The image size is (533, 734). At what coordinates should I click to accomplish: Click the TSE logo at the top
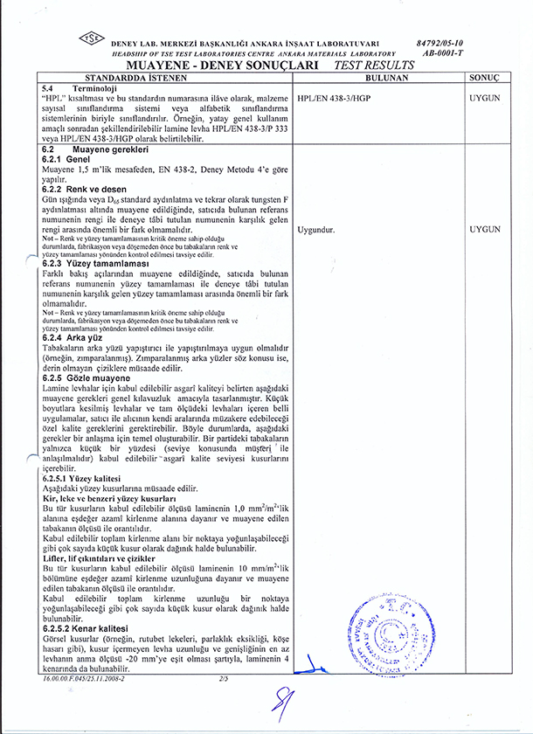pos(90,39)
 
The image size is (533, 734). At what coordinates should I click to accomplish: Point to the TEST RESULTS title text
pos(369,65)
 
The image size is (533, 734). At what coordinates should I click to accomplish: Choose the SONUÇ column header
pos(483,78)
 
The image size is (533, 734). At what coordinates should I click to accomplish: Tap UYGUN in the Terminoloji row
pos(483,99)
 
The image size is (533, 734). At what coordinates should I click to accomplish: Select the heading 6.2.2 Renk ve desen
pos(87,190)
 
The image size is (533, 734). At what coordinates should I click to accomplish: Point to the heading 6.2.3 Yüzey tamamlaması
pos(97,263)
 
